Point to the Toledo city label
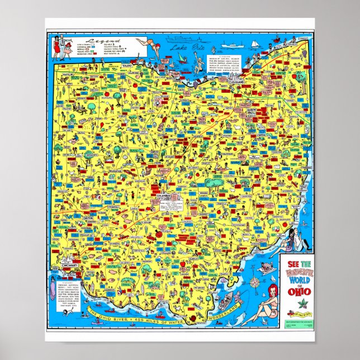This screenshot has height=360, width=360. [129, 66]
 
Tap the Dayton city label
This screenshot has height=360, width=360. [89, 219]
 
